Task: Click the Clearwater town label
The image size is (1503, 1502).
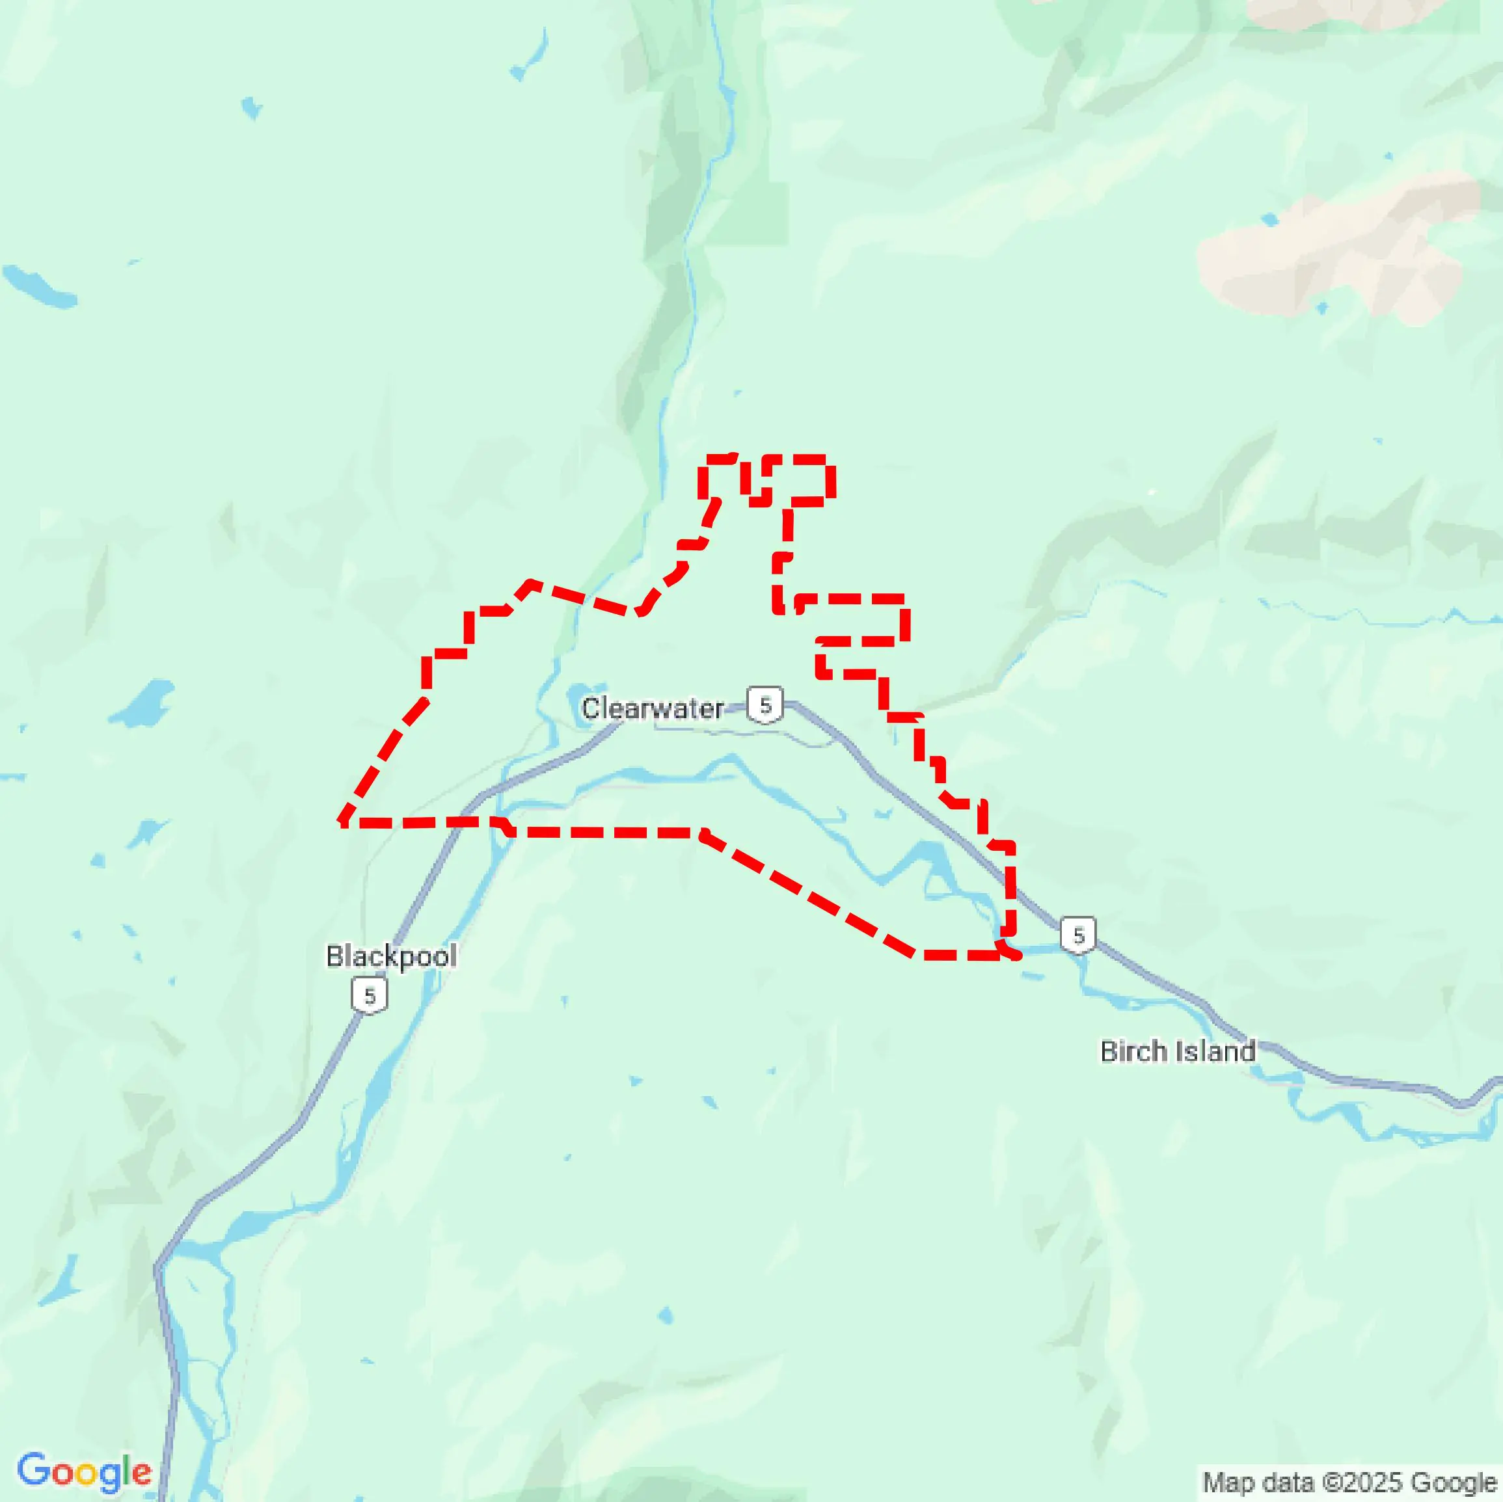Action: [x=653, y=708]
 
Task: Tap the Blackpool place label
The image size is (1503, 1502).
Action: [x=390, y=956]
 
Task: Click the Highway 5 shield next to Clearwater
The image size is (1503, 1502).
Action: [x=765, y=704]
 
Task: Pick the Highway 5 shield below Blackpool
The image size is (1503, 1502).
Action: [x=370, y=997]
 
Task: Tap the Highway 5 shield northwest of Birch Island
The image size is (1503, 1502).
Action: [x=1078, y=935]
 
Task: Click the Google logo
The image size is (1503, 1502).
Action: [x=84, y=1471]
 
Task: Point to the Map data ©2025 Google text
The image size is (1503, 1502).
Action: [x=1351, y=1482]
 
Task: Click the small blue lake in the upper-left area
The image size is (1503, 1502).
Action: [x=251, y=107]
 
